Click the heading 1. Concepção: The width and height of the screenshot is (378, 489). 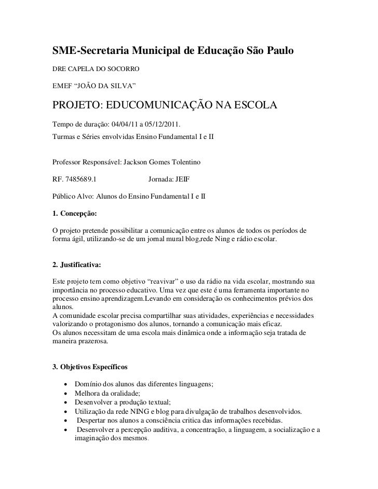tap(75, 213)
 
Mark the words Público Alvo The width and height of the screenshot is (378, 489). tap(72, 196)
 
